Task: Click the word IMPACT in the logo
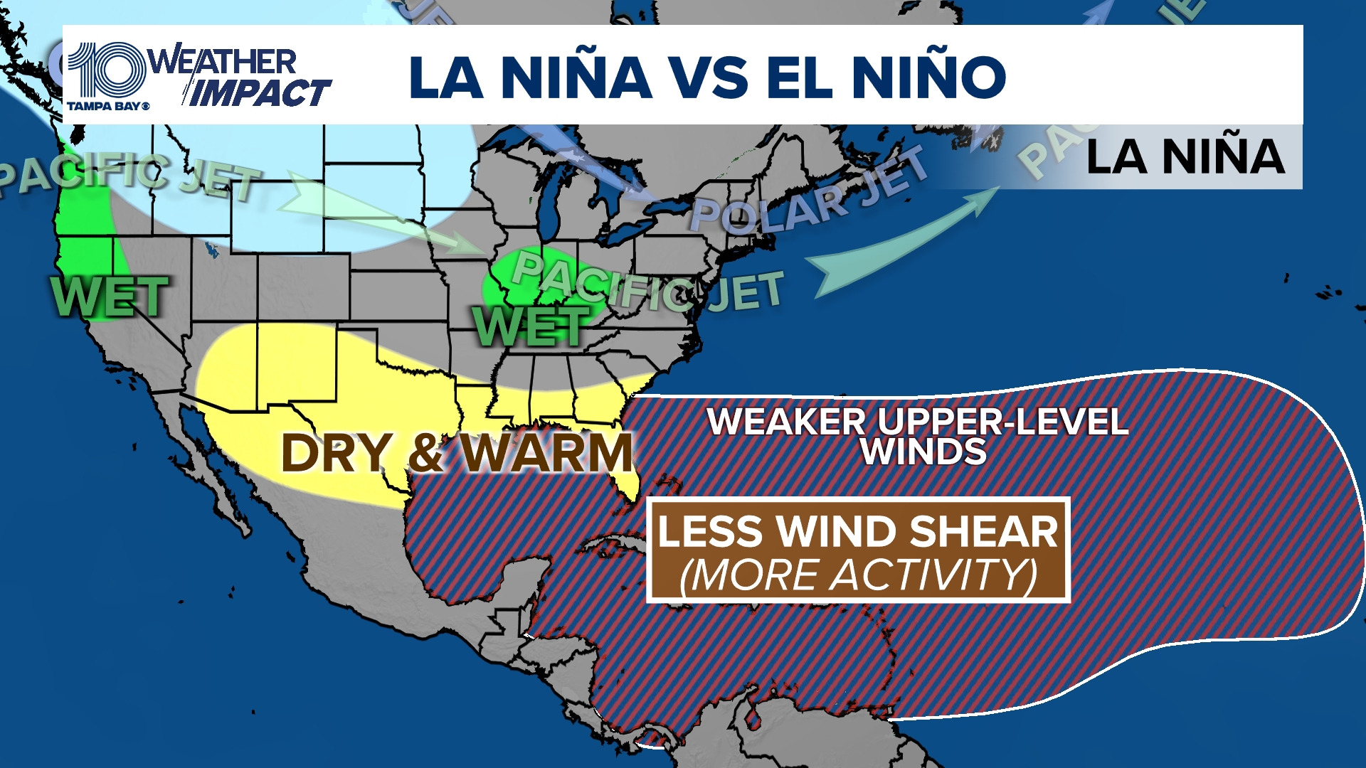(260, 93)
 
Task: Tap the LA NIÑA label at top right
(1185, 157)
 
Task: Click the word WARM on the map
(546, 452)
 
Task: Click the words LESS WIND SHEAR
(858, 531)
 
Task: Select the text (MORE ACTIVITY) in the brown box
(858, 575)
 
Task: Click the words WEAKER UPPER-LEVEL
(918, 422)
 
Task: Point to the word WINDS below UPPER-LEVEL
(923, 452)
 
